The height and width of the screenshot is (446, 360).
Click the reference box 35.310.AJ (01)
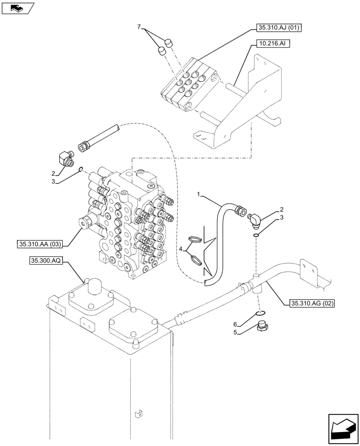point(279,28)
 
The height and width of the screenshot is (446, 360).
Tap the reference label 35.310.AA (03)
point(40,244)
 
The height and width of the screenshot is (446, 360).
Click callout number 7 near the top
point(139,28)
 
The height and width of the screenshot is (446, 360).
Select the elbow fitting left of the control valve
point(66,158)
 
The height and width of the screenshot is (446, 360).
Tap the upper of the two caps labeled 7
point(168,43)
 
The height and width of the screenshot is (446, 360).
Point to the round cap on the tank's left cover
point(94,286)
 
